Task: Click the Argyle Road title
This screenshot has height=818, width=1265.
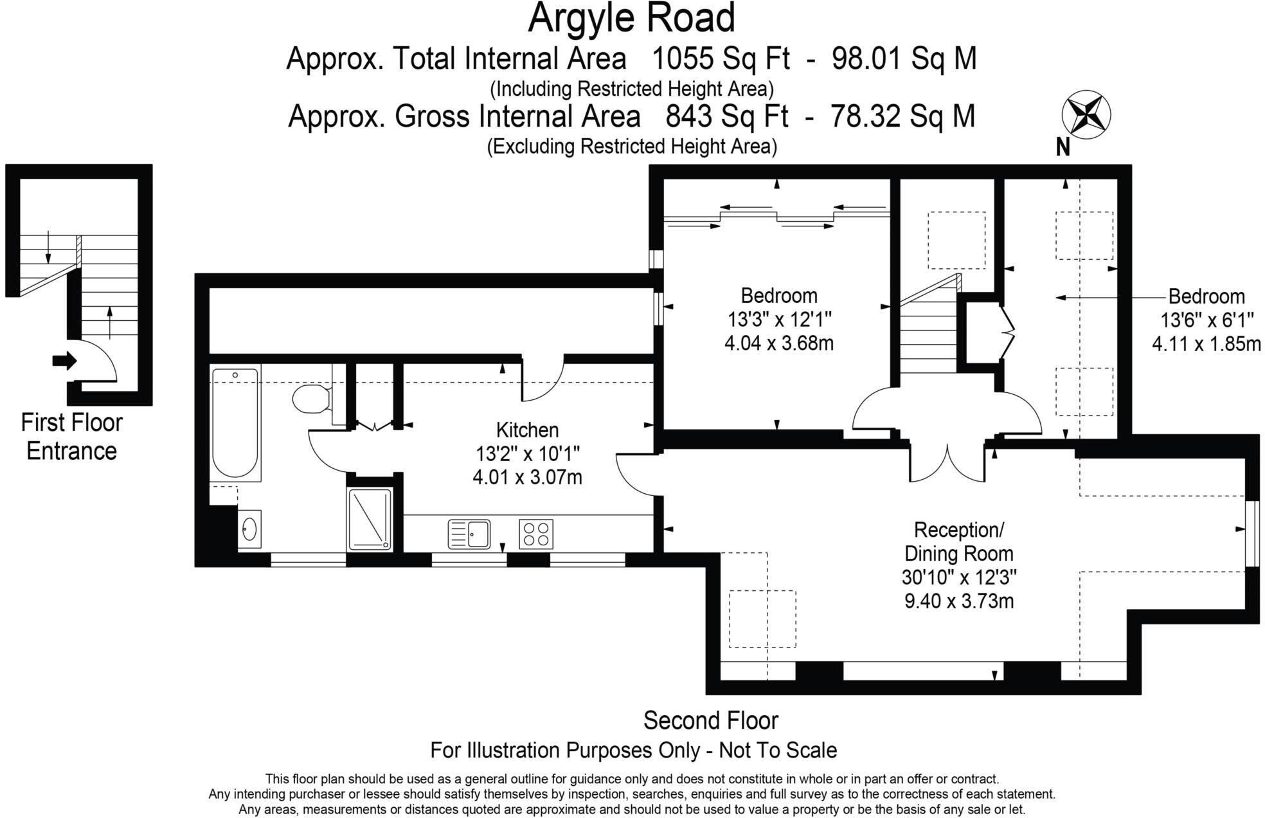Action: click(x=631, y=18)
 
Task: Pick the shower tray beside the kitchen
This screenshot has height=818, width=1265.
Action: click(x=370, y=519)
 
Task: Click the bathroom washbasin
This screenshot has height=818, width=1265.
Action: click(x=249, y=529)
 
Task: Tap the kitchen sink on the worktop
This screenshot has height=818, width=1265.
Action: click(x=469, y=534)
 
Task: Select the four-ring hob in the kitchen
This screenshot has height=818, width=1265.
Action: click(x=536, y=534)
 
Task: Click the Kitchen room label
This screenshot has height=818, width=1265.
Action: click(x=527, y=430)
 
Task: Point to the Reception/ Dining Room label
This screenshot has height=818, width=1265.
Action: click(x=958, y=541)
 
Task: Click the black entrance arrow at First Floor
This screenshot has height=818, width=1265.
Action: click(x=64, y=361)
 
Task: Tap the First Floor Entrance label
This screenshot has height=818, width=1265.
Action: click(x=71, y=437)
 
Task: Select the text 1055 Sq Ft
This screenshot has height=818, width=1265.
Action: click(x=721, y=59)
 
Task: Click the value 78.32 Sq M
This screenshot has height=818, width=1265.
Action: click(x=902, y=116)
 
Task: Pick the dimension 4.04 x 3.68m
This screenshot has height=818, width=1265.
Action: click(x=778, y=343)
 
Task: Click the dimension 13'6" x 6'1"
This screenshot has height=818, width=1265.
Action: click(x=1206, y=320)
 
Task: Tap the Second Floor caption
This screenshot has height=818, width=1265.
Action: click(x=710, y=720)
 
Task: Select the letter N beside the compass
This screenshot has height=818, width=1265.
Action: click(x=1063, y=148)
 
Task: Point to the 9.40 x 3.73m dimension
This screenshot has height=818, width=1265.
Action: click(x=958, y=601)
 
